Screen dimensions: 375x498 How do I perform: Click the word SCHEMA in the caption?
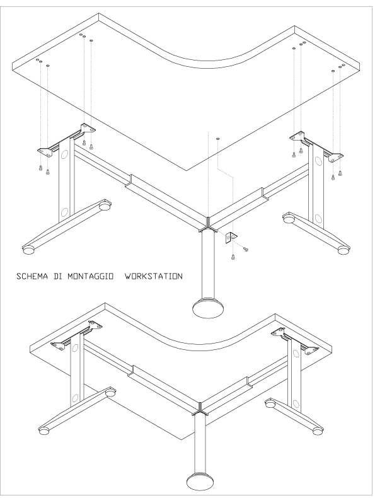point(32,276)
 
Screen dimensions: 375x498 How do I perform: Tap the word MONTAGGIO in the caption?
point(91,276)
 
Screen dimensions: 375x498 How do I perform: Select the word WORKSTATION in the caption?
point(154,276)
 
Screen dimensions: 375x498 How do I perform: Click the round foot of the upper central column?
point(208,308)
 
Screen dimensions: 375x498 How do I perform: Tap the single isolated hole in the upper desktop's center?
point(217,139)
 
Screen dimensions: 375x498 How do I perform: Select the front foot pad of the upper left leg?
point(28,250)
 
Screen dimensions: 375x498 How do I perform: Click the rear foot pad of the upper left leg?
point(104,206)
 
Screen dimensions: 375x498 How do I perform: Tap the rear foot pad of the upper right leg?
point(288,219)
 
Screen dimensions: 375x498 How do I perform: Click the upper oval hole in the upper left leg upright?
point(64,154)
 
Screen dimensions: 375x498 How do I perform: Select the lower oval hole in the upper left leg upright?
point(64,212)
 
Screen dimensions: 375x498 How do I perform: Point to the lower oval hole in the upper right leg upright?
point(318,218)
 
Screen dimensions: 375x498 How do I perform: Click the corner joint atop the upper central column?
point(207,225)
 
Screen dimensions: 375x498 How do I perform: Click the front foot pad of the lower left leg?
point(43,431)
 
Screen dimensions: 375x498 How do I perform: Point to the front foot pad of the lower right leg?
point(317,431)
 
